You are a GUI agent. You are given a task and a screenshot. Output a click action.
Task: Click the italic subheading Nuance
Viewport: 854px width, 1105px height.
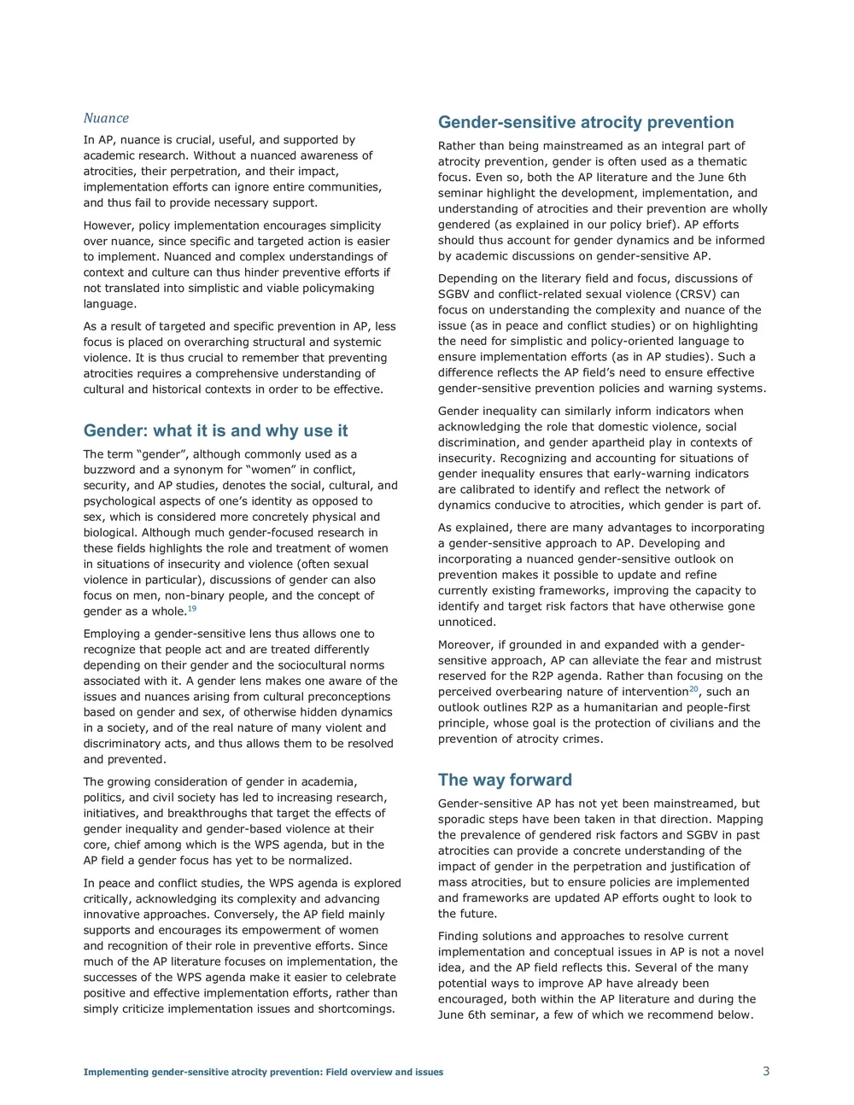[x=106, y=118]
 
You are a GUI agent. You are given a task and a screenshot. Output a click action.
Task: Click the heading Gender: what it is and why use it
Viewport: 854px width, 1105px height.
[x=215, y=430]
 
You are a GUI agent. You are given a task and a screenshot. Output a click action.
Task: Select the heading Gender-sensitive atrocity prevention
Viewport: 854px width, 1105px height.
[x=586, y=122]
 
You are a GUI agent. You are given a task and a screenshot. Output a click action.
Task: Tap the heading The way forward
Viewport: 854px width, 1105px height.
[x=505, y=780]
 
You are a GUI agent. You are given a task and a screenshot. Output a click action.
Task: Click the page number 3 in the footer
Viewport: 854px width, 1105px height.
[x=766, y=1071]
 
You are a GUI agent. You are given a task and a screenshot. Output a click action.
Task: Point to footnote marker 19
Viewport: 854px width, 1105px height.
[x=192, y=608]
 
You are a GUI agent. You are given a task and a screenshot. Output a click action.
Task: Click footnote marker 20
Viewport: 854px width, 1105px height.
[x=693, y=688]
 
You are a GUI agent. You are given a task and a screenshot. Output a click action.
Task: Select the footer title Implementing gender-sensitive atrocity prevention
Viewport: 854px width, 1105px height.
[x=263, y=1072]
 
